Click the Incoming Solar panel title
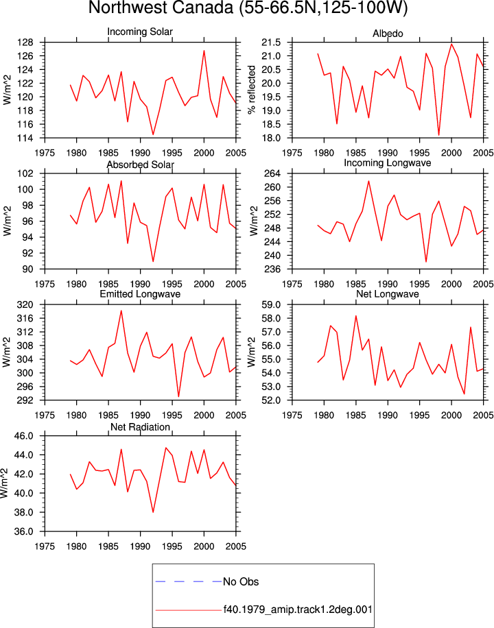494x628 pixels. (x=140, y=32)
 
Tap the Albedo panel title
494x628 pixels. (x=388, y=34)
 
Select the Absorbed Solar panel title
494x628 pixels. (x=141, y=165)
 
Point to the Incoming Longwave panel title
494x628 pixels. (x=388, y=163)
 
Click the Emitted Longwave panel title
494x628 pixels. (x=140, y=294)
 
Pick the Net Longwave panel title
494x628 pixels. (x=388, y=294)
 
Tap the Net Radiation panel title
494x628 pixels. (x=140, y=427)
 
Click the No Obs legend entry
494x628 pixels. (x=241, y=581)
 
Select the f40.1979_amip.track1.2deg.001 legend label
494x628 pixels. (x=298, y=609)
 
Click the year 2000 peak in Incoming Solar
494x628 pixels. (x=204, y=51)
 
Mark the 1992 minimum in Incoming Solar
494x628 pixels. (x=153, y=134)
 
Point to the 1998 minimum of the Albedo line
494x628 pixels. (x=438, y=135)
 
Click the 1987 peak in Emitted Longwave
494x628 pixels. (x=121, y=311)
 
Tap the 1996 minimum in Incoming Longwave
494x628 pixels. (x=426, y=262)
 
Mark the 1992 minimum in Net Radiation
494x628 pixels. (x=153, y=512)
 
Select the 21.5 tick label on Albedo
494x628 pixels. (x=270, y=43)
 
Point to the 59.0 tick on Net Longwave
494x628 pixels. (x=270, y=305)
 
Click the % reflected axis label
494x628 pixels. (x=251, y=90)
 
